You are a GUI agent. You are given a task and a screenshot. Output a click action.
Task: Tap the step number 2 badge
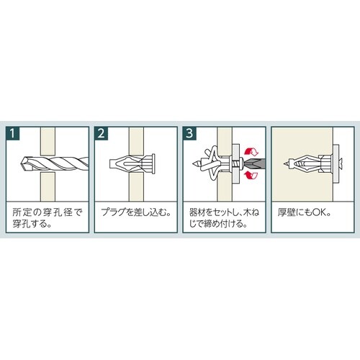pyautogui.click(x=102, y=133)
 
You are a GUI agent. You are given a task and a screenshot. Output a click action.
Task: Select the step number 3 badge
pyautogui.click(x=189, y=133)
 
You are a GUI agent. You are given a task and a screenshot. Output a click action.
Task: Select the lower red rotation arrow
pyautogui.click(x=252, y=175)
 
